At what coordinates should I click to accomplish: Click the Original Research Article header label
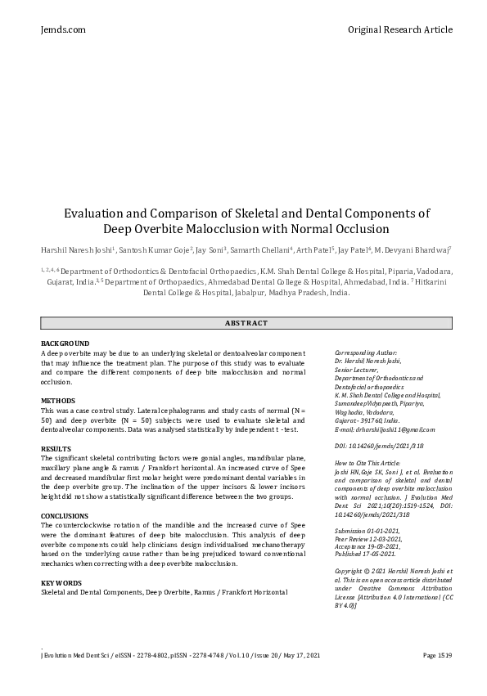(x=399, y=29)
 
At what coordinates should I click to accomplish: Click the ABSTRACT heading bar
(x=246, y=323)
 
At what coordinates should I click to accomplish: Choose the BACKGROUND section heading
(x=65, y=344)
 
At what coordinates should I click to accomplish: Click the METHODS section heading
(x=58, y=401)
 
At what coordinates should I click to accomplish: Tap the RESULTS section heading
(x=56, y=449)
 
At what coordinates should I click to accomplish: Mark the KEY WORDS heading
(x=62, y=581)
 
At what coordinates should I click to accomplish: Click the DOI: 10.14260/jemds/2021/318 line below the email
(x=378, y=446)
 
